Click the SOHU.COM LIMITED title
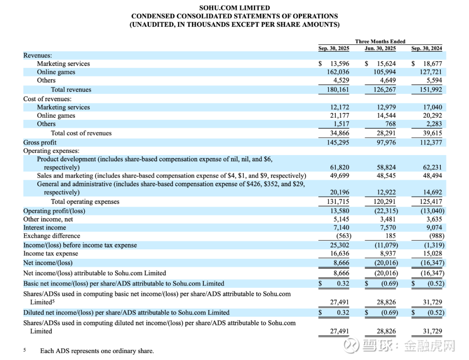[x=234, y=8]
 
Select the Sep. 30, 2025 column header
[x=334, y=49]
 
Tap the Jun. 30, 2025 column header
[x=380, y=49]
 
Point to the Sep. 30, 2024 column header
[x=426, y=49]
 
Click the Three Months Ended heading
[x=380, y=42]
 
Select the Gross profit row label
[x=40, y=142]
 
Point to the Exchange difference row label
[x=52, y=236]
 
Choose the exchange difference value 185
[x=390, y=236]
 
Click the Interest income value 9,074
[x=434, y=228]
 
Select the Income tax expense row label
[x=51, y=254]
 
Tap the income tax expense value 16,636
[x=340, y=254]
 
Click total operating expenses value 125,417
[x=431, y=201]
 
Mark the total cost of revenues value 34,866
[x=340, y=133]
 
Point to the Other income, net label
[x=48, y=219]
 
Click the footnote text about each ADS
[x=97, y=351]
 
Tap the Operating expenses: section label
[x=51, y=151]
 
